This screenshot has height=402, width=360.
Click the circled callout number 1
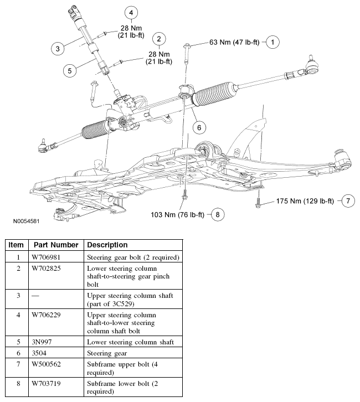click(x=271, y=42)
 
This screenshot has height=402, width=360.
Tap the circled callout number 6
click(x=198, y=126)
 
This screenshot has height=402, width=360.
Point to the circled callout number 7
click(x=347, y=200)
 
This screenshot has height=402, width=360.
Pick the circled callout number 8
click(x=217, y=214)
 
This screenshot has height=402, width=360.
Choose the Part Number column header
click(x=55, y=245)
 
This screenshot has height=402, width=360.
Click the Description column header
click(x=107, y=245)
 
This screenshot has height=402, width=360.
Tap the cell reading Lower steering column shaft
click(x=131, y=342)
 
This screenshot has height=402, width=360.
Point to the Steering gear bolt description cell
click(x=133, y=257)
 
